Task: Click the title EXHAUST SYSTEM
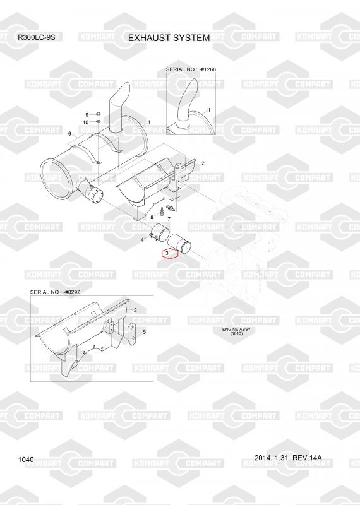[169, 38]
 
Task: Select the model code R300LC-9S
[36, 37]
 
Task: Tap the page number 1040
[26, 460]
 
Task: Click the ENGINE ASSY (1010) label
[236, 331]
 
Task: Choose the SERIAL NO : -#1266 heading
[191, 69]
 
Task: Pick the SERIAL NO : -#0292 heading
[55, 292]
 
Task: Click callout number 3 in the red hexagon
[167, 253]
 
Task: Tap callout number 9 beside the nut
[87, 115]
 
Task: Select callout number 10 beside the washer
[86, 122]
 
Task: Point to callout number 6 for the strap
[69, 134]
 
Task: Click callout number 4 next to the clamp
[142, 241]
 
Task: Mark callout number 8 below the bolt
[152, 218]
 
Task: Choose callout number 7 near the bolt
[169, 219]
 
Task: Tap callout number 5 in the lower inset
[144, 332]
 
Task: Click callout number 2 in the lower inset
[135, 311]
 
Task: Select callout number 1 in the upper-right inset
[209, 110]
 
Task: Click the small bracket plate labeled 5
[133, 333]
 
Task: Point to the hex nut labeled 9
[99, 114]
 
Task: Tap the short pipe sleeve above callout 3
[179, 244]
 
